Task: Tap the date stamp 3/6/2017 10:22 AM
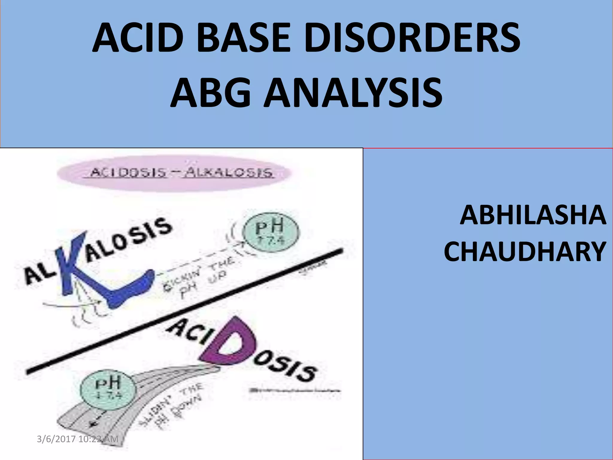78,439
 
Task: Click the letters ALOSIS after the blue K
129,240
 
